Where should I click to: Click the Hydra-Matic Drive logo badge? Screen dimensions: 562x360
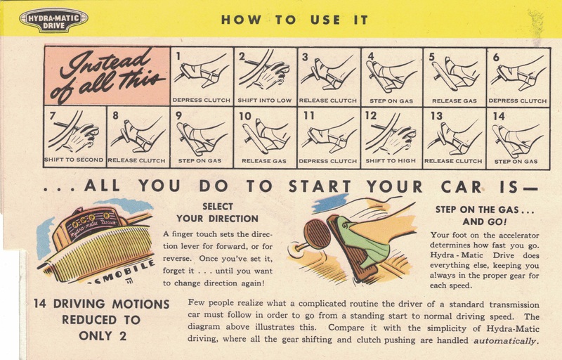[x=54, y=20]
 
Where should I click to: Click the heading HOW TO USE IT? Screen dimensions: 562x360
[x=294, y=20]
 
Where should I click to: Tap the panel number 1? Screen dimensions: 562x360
[x=178, y=56]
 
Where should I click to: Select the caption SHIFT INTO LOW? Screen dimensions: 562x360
[x=265, y=101]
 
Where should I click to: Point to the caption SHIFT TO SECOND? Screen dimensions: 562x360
[x=74, y=160]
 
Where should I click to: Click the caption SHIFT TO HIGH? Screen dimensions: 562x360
[x=391, y=160]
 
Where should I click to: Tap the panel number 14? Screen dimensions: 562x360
[x=499, y=116]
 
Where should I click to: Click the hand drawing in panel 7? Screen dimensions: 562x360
[x=81, y=137]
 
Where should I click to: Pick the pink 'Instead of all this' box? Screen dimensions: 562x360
[x=107, y=76]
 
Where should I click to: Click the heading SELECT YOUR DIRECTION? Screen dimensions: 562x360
[x=217, y=212]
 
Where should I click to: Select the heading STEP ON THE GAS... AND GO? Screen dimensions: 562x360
[x=485, y=215]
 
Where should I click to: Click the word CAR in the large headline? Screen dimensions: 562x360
[x=461, y=186]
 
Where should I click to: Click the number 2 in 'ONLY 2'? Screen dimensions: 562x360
[x=122, y=336]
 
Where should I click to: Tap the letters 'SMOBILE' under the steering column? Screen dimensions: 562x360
[x=121, y=273]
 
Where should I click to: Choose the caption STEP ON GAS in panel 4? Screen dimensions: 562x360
[x=391, y=101]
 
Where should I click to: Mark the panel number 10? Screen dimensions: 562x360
[x=245, y=116]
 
